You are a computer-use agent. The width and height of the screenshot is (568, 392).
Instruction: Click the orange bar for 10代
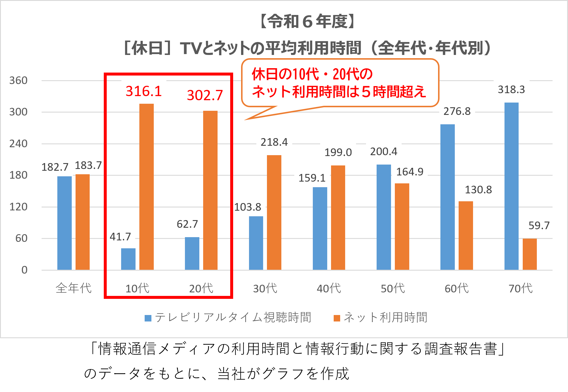point(146,187)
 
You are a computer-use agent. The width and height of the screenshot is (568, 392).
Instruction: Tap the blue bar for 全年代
point(64,223)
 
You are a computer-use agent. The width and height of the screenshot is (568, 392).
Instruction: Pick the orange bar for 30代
point(274,212)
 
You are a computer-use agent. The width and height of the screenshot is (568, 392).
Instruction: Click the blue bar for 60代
point(447,197)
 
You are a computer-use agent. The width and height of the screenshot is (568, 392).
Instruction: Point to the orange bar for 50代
point(402,227)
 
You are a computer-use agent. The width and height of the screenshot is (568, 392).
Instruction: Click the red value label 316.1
point(144,91)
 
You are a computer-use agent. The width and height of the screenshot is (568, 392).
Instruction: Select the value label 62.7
point(187,224)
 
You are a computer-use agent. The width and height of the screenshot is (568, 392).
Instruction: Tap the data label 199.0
point(338,153)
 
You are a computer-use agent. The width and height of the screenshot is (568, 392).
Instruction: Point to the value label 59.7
point(539,226)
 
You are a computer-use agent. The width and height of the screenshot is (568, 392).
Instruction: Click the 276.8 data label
point(457,111)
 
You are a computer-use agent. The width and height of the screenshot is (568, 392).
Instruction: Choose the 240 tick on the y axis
point(18,144)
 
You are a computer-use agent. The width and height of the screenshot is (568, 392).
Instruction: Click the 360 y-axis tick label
point(18,81)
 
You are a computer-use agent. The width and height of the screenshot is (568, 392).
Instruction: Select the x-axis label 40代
point(329,289)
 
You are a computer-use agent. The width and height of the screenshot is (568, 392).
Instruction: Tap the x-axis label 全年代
point(73,288)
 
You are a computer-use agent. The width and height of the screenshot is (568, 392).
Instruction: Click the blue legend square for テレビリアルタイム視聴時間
point(148,318)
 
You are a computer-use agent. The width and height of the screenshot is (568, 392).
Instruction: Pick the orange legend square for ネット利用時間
point(337,318)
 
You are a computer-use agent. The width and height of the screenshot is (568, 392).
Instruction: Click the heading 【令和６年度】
point(308,21)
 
